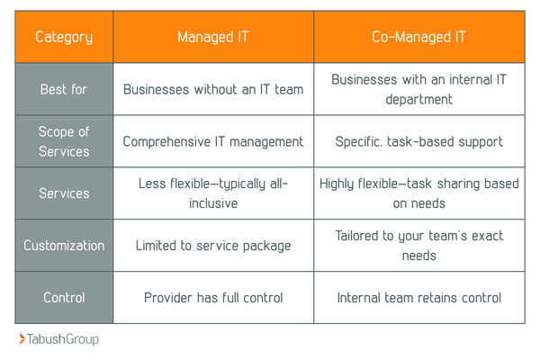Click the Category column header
(64, 37)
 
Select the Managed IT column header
(212, 37)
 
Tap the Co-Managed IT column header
(418, 37)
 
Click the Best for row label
(64, 89)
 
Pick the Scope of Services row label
(64, 141)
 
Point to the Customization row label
(64, 245)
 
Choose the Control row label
(64, 297)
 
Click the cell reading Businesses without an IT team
(212, 89)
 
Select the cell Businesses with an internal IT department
(418, 89)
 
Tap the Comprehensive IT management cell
(212, 141)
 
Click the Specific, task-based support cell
(418, 141)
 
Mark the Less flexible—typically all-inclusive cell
(212, 193)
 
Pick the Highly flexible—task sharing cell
(418, 193)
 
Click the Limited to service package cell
(212, 245)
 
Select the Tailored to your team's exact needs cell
(418, 245)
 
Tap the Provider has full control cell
(212, 297)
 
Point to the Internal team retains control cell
(418, 297)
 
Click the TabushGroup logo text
(63, 339)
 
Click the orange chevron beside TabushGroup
(22, 339)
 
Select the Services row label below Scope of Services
(64, 193)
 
